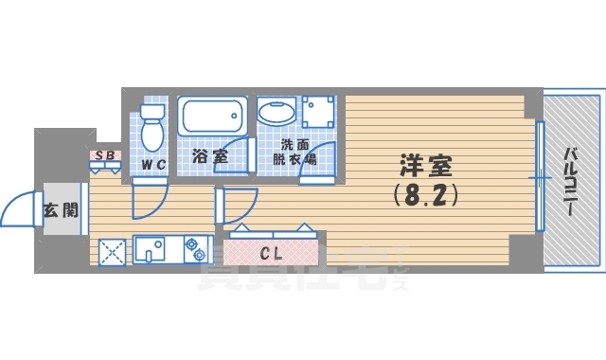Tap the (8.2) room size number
pyautogui.click(x=425, y=196)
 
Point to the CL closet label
pyautogui.click(x=270, y=253)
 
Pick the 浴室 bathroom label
pyautogui.click(x=209, y=155)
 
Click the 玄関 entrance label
pyautogui.click(x=60, y=209)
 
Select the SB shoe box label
pyautogui.click(x=103, y=154)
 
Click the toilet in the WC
pyautogui.click(x=151, y=127)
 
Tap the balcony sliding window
pyautogui.click(x=539, y=177)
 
